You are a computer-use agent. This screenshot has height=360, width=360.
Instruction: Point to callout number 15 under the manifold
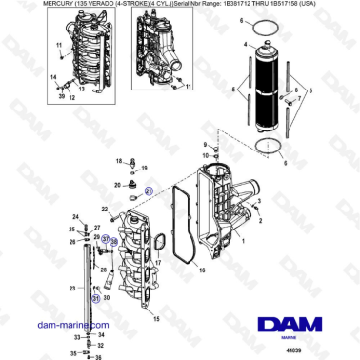tap(156, 317)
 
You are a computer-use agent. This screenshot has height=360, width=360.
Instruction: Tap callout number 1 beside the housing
tap(242, 242)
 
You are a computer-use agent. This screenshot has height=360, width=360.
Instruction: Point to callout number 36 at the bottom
tap(96, 357)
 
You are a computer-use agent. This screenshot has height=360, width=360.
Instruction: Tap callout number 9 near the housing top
tap(204, 144)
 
